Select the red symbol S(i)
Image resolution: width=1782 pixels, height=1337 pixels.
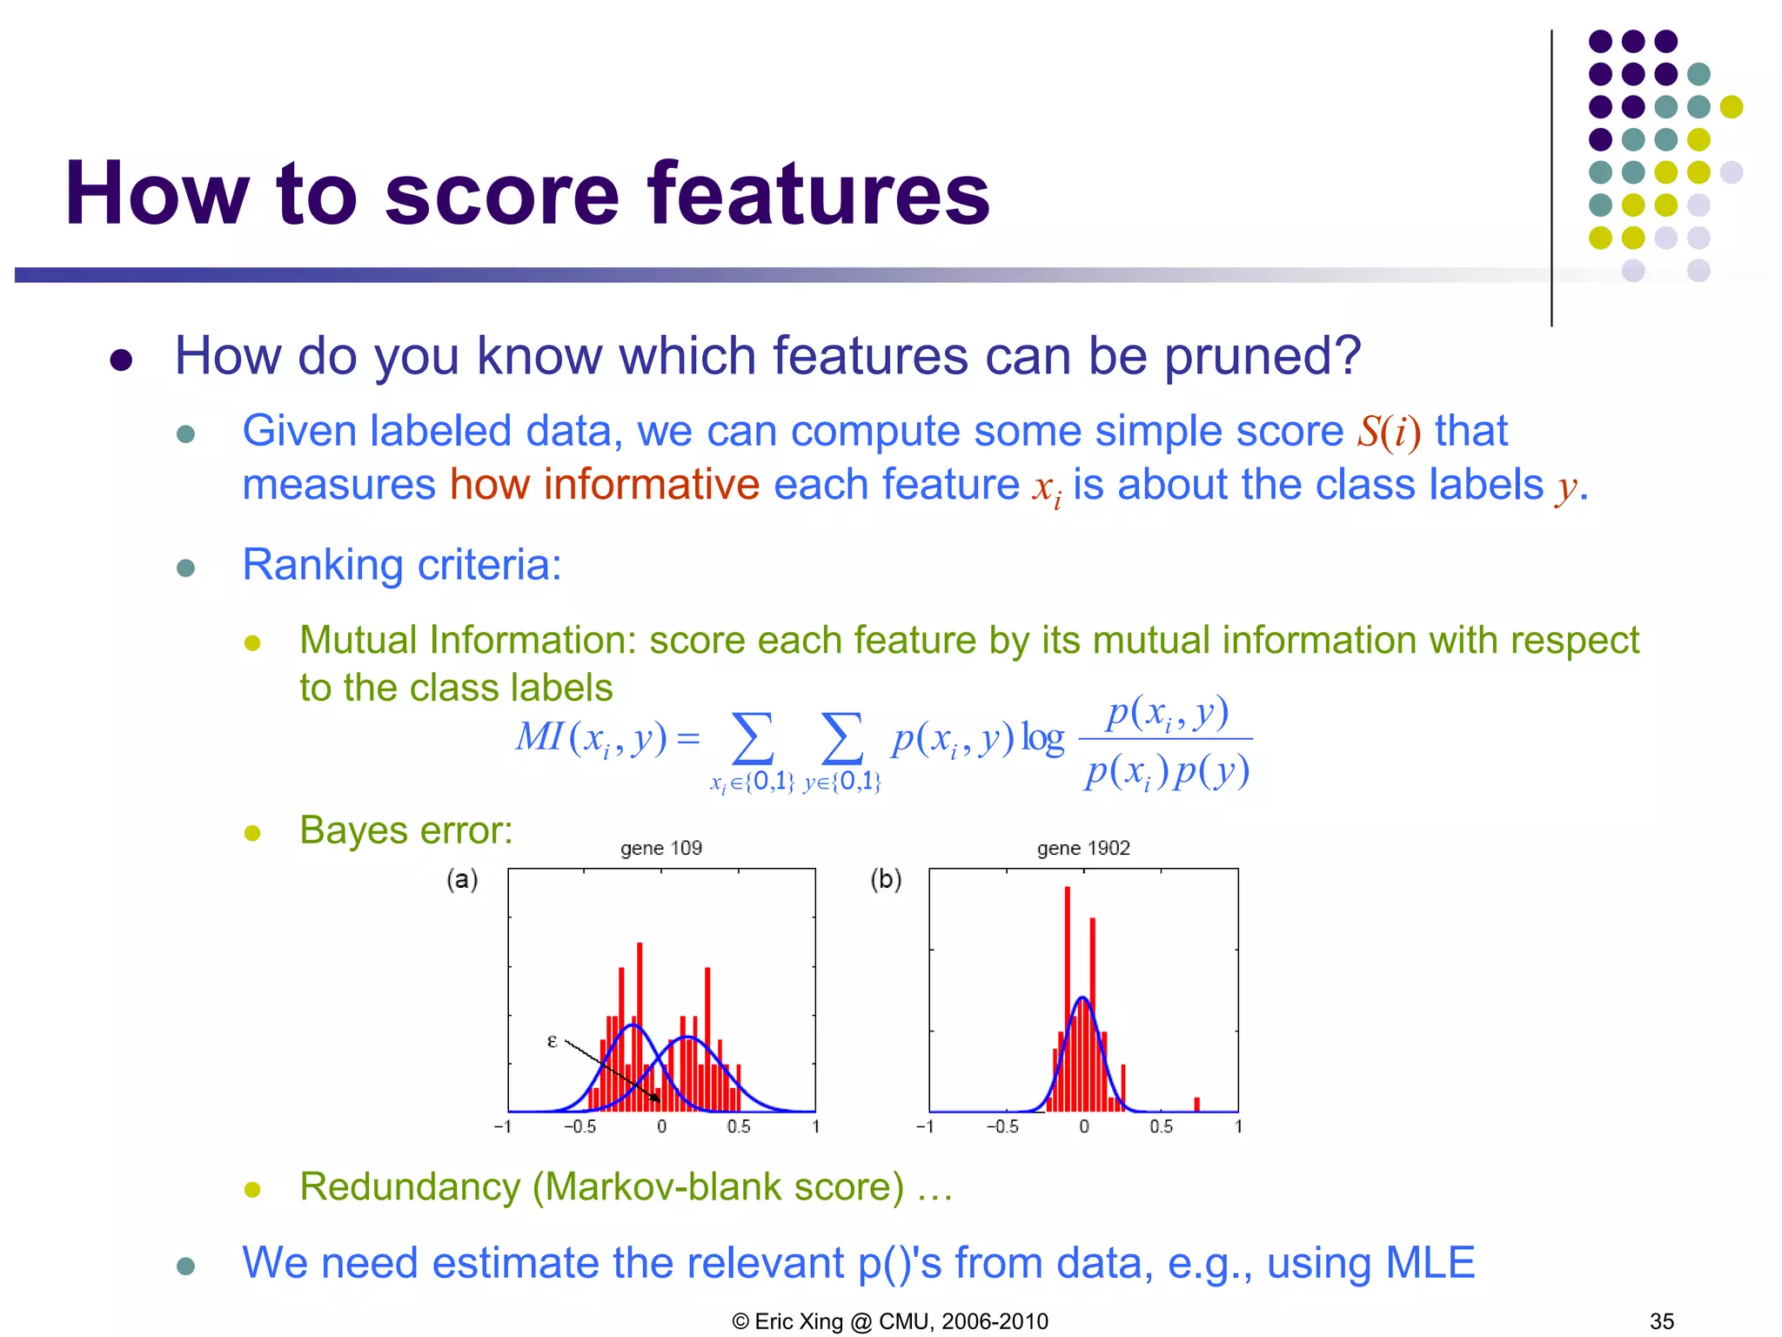pos(1389,432)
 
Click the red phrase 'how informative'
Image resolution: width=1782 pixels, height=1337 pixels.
pos(605,484)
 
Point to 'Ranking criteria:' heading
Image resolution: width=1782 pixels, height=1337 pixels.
pos(402,565)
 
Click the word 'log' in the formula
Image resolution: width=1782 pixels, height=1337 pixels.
pos(1042,738)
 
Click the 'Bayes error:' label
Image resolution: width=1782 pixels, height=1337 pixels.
pos(406,830)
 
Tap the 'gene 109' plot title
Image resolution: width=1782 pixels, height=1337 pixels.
pos(661,848)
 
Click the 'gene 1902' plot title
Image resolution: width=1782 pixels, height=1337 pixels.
pos(1083,848)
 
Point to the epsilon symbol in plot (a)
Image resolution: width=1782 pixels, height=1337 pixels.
pos(552,1040)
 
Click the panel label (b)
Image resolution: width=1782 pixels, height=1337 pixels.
pos(886,879)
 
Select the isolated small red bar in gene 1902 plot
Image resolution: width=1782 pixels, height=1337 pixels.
pos(1197,1104)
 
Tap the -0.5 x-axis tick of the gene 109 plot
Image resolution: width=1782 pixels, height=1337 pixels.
pos(580,1126)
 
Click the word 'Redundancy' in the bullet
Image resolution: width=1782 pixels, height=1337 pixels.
pos(409,1187)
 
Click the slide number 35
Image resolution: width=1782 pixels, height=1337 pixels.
pos(1661,1321)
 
